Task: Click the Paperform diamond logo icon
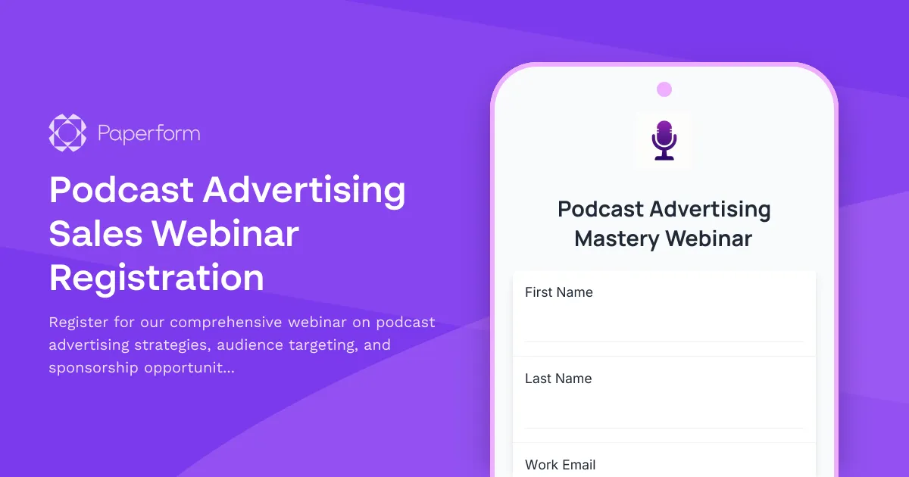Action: tap(67, 132)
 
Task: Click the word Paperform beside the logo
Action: tap(149, 134)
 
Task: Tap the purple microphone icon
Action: tap(664, 139)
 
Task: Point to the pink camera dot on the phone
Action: tap(664, 89)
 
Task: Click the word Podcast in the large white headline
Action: tap(120, 189)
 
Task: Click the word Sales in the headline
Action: tap(95, 234)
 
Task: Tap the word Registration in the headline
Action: tap(157, 278)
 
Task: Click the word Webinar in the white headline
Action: tap(226, 234)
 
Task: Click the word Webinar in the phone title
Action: tap(708, 239)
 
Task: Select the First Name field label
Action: tap(559, 292)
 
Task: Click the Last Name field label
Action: tap(558, 379)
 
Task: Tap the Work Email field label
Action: tap(561, 465)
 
